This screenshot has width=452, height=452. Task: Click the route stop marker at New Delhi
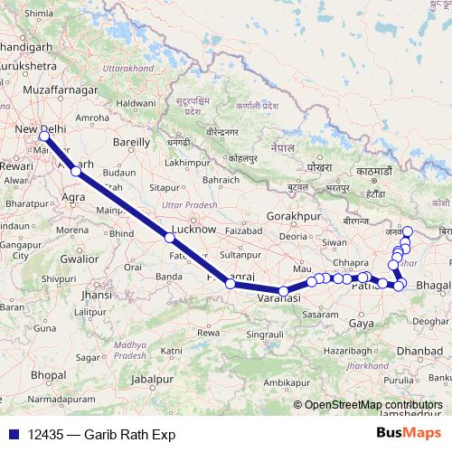click(43, 137)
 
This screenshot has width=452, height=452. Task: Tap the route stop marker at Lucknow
click(169, 238)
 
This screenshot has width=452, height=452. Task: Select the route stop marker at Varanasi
click(284, 292)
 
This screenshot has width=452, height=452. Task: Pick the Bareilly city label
click(129, 142)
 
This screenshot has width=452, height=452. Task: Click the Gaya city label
click(361, 323)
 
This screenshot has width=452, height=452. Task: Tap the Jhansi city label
click(96, 295)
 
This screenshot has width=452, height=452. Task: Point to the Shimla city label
click(39, 14)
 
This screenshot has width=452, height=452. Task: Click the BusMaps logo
click(408, 434)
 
